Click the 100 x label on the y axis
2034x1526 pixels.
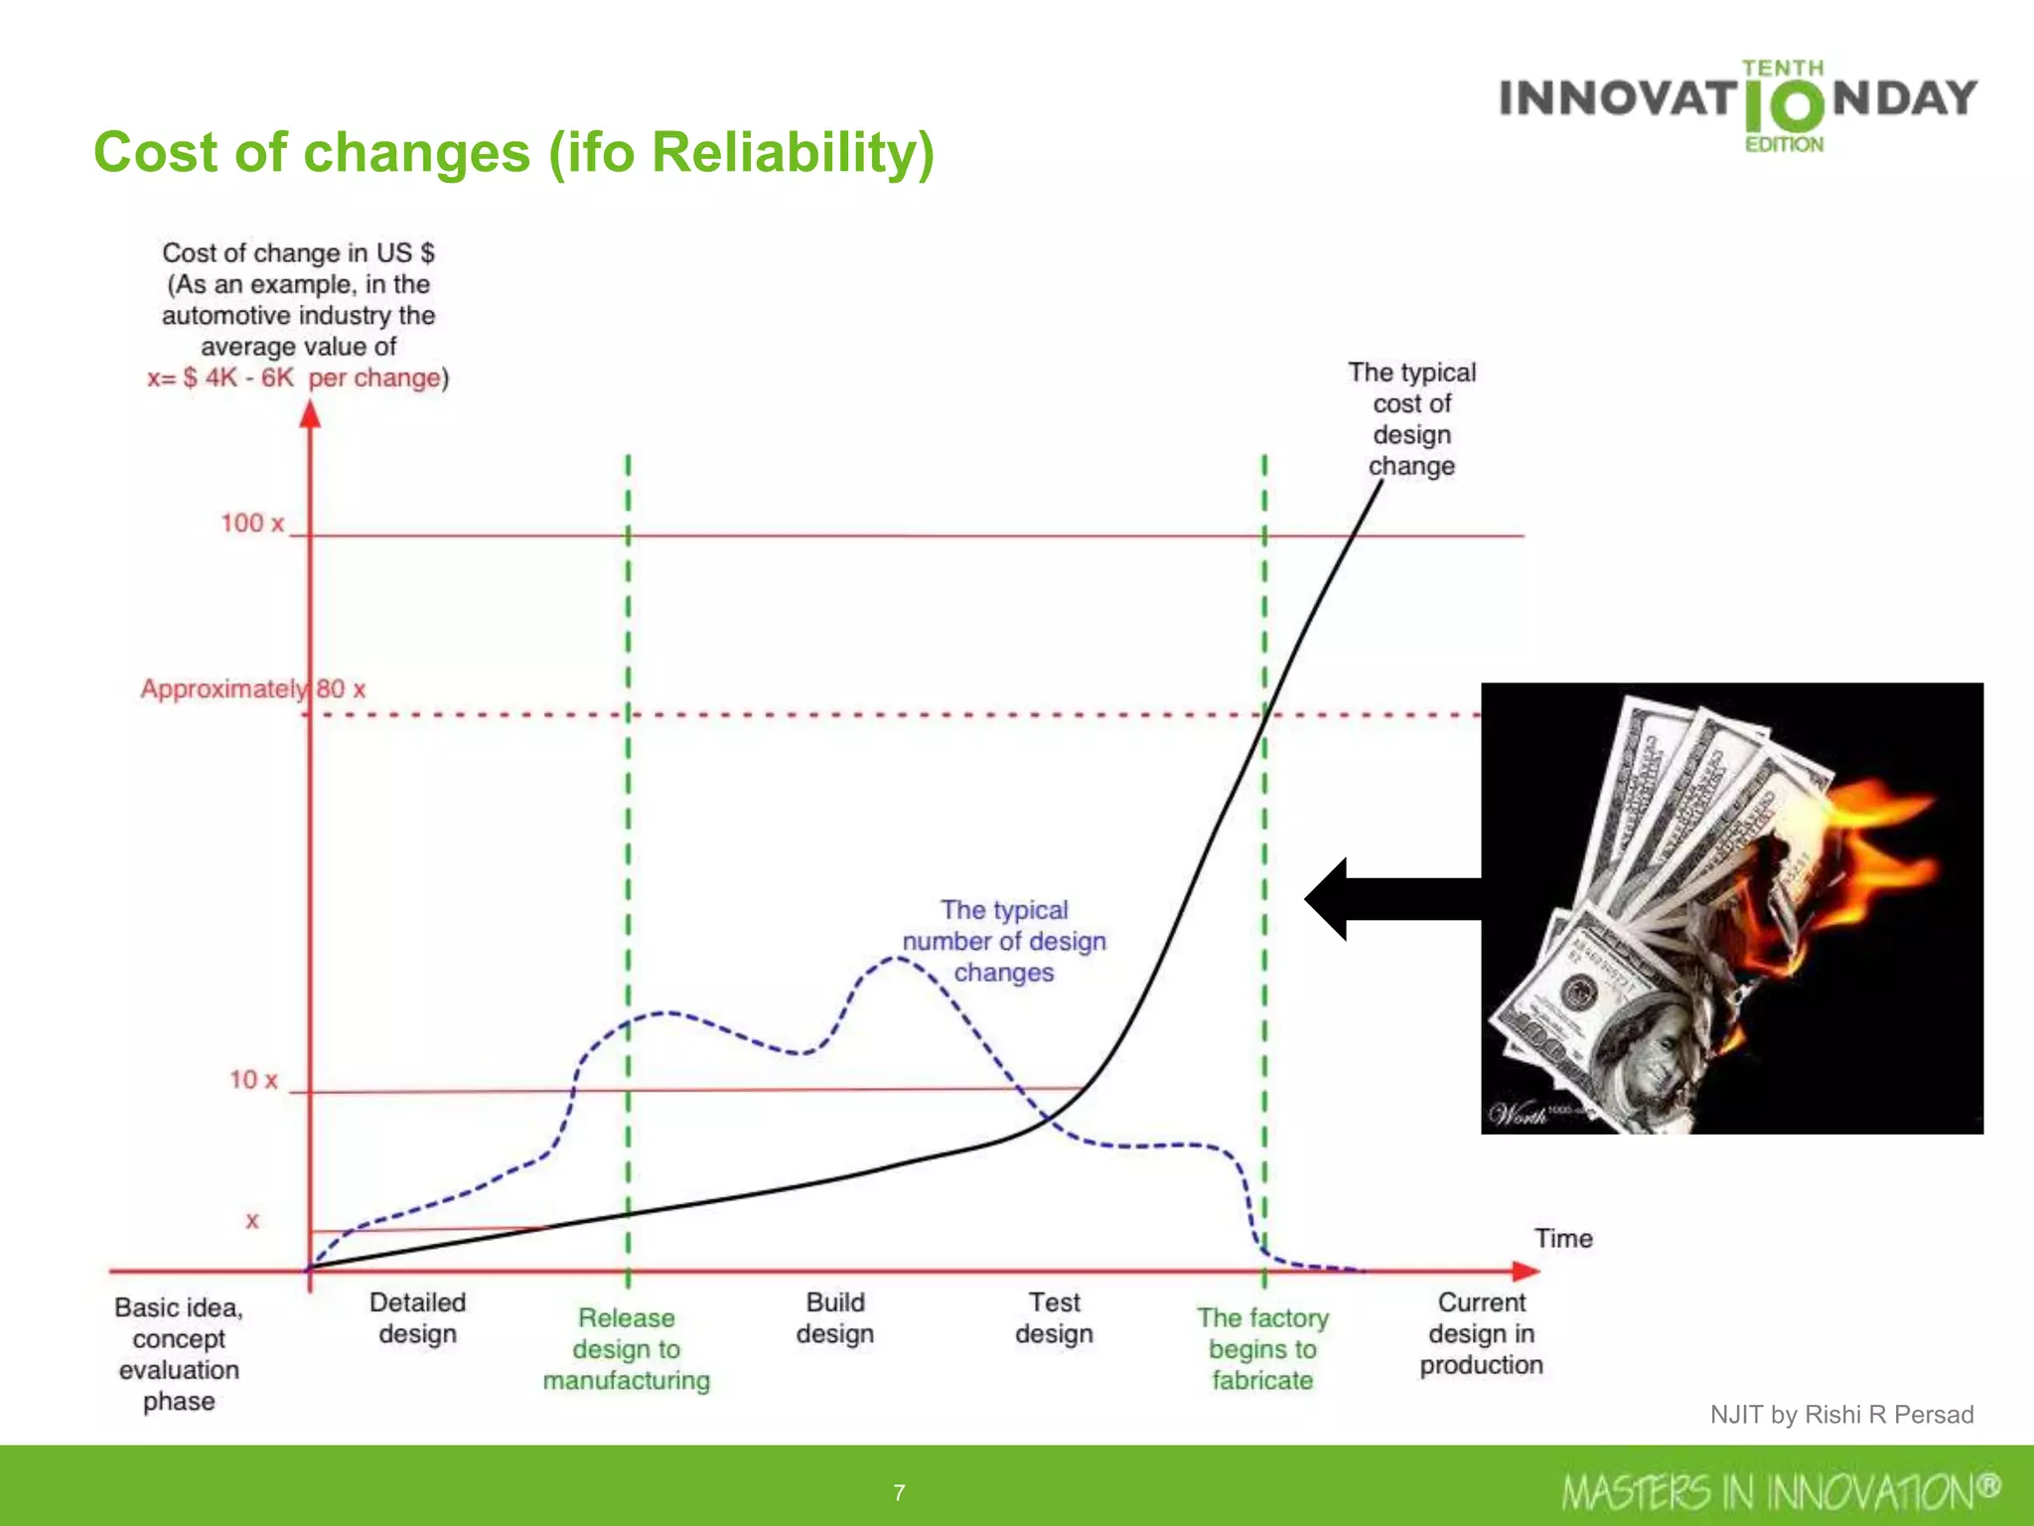click(x=252, y=523)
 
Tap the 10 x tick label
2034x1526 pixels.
click(x=253, y=1079)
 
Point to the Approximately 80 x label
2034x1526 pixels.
click(x=252, y=688)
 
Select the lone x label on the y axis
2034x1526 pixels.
click(x=252, y=1221)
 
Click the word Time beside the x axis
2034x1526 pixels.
click(x=1562, y=1238)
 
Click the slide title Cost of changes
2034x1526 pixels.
click(x=513, y=153)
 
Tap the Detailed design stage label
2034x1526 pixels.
click(x=417, y=1317)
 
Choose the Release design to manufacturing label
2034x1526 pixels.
click(x=626, y=1348)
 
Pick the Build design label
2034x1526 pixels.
click(x=834, y=1317)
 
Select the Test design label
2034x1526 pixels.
click(x=1054, y=1317)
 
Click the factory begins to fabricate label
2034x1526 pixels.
click(x=1262, y=1348)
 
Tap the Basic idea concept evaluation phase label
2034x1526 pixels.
click(x=179, y=1353)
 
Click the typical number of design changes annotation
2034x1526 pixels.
click(x=1004, y=941)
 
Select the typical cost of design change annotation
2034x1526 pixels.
click(x=1411, y=418)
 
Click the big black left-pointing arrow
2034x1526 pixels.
click(x=1390, y=899)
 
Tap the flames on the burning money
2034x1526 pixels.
click(x=1867, y=844)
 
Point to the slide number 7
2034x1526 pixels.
click(x=899, y=1492)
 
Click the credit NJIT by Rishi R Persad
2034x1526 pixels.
click(x=1841, y=1414)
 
